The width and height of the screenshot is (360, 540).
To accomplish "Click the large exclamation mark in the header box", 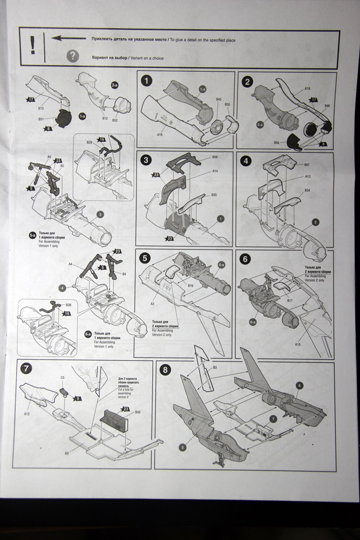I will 33,45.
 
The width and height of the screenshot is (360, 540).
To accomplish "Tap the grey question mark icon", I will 72,56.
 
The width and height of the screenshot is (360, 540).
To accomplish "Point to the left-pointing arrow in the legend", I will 69,38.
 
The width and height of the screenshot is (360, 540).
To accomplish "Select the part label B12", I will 104,118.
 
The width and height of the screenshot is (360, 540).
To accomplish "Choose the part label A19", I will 308,88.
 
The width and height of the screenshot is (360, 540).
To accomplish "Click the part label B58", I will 215,157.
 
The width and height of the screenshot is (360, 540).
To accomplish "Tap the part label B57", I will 307,165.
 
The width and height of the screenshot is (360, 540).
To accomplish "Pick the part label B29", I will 89,143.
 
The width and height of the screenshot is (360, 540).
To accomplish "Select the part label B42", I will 138,412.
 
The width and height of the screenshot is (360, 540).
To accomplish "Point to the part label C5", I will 62,377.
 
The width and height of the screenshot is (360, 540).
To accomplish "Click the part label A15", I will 298,343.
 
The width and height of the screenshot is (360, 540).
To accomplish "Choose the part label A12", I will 26,413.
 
